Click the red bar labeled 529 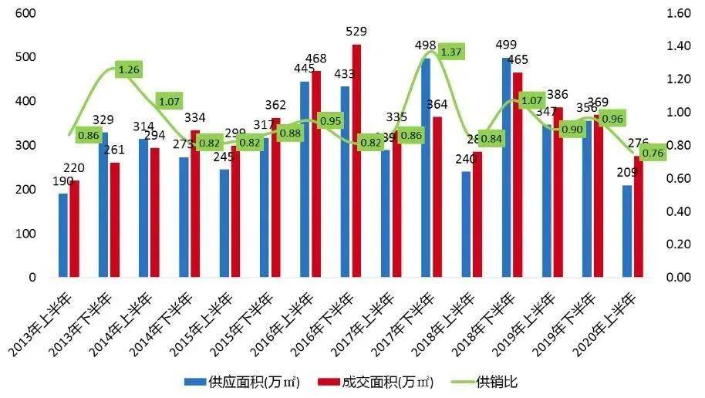356,160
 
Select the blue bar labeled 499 506,167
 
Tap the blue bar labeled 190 63,234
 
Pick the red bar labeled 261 115,219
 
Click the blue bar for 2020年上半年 627,231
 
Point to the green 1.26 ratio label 129,69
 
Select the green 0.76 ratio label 653,152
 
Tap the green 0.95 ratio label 330,120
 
